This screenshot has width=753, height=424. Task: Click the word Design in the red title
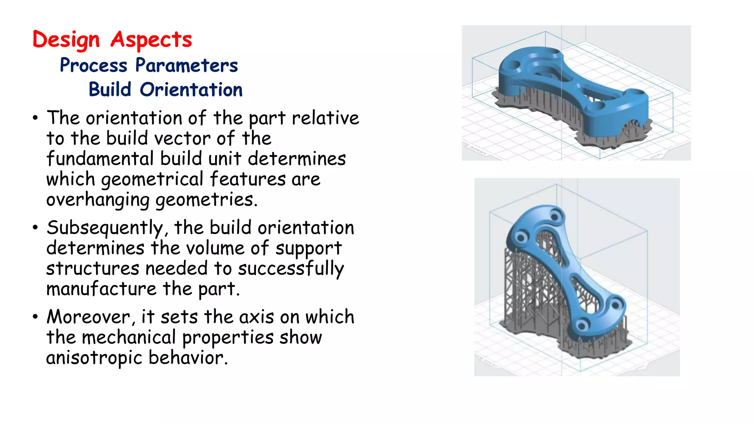(x=66, y=39)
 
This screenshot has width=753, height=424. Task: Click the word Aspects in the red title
(x=151, y=39)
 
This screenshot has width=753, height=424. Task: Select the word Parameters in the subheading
(x=186, y=66)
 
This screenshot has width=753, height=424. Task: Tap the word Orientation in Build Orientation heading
(x=191, y=90)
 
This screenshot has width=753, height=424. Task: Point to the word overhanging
(x=98, y=200)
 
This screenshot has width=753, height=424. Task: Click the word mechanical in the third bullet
(x=129, y=338)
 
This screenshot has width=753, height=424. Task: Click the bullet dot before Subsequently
(x=35, y=227)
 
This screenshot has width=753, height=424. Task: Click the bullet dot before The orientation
(x=35, y=118)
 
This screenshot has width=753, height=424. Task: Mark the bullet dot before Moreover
(x=35, y=317)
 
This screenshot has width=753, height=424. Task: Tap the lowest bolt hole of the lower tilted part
(x=581, y=326)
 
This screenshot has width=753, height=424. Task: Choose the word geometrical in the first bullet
(x=152, y=180)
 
